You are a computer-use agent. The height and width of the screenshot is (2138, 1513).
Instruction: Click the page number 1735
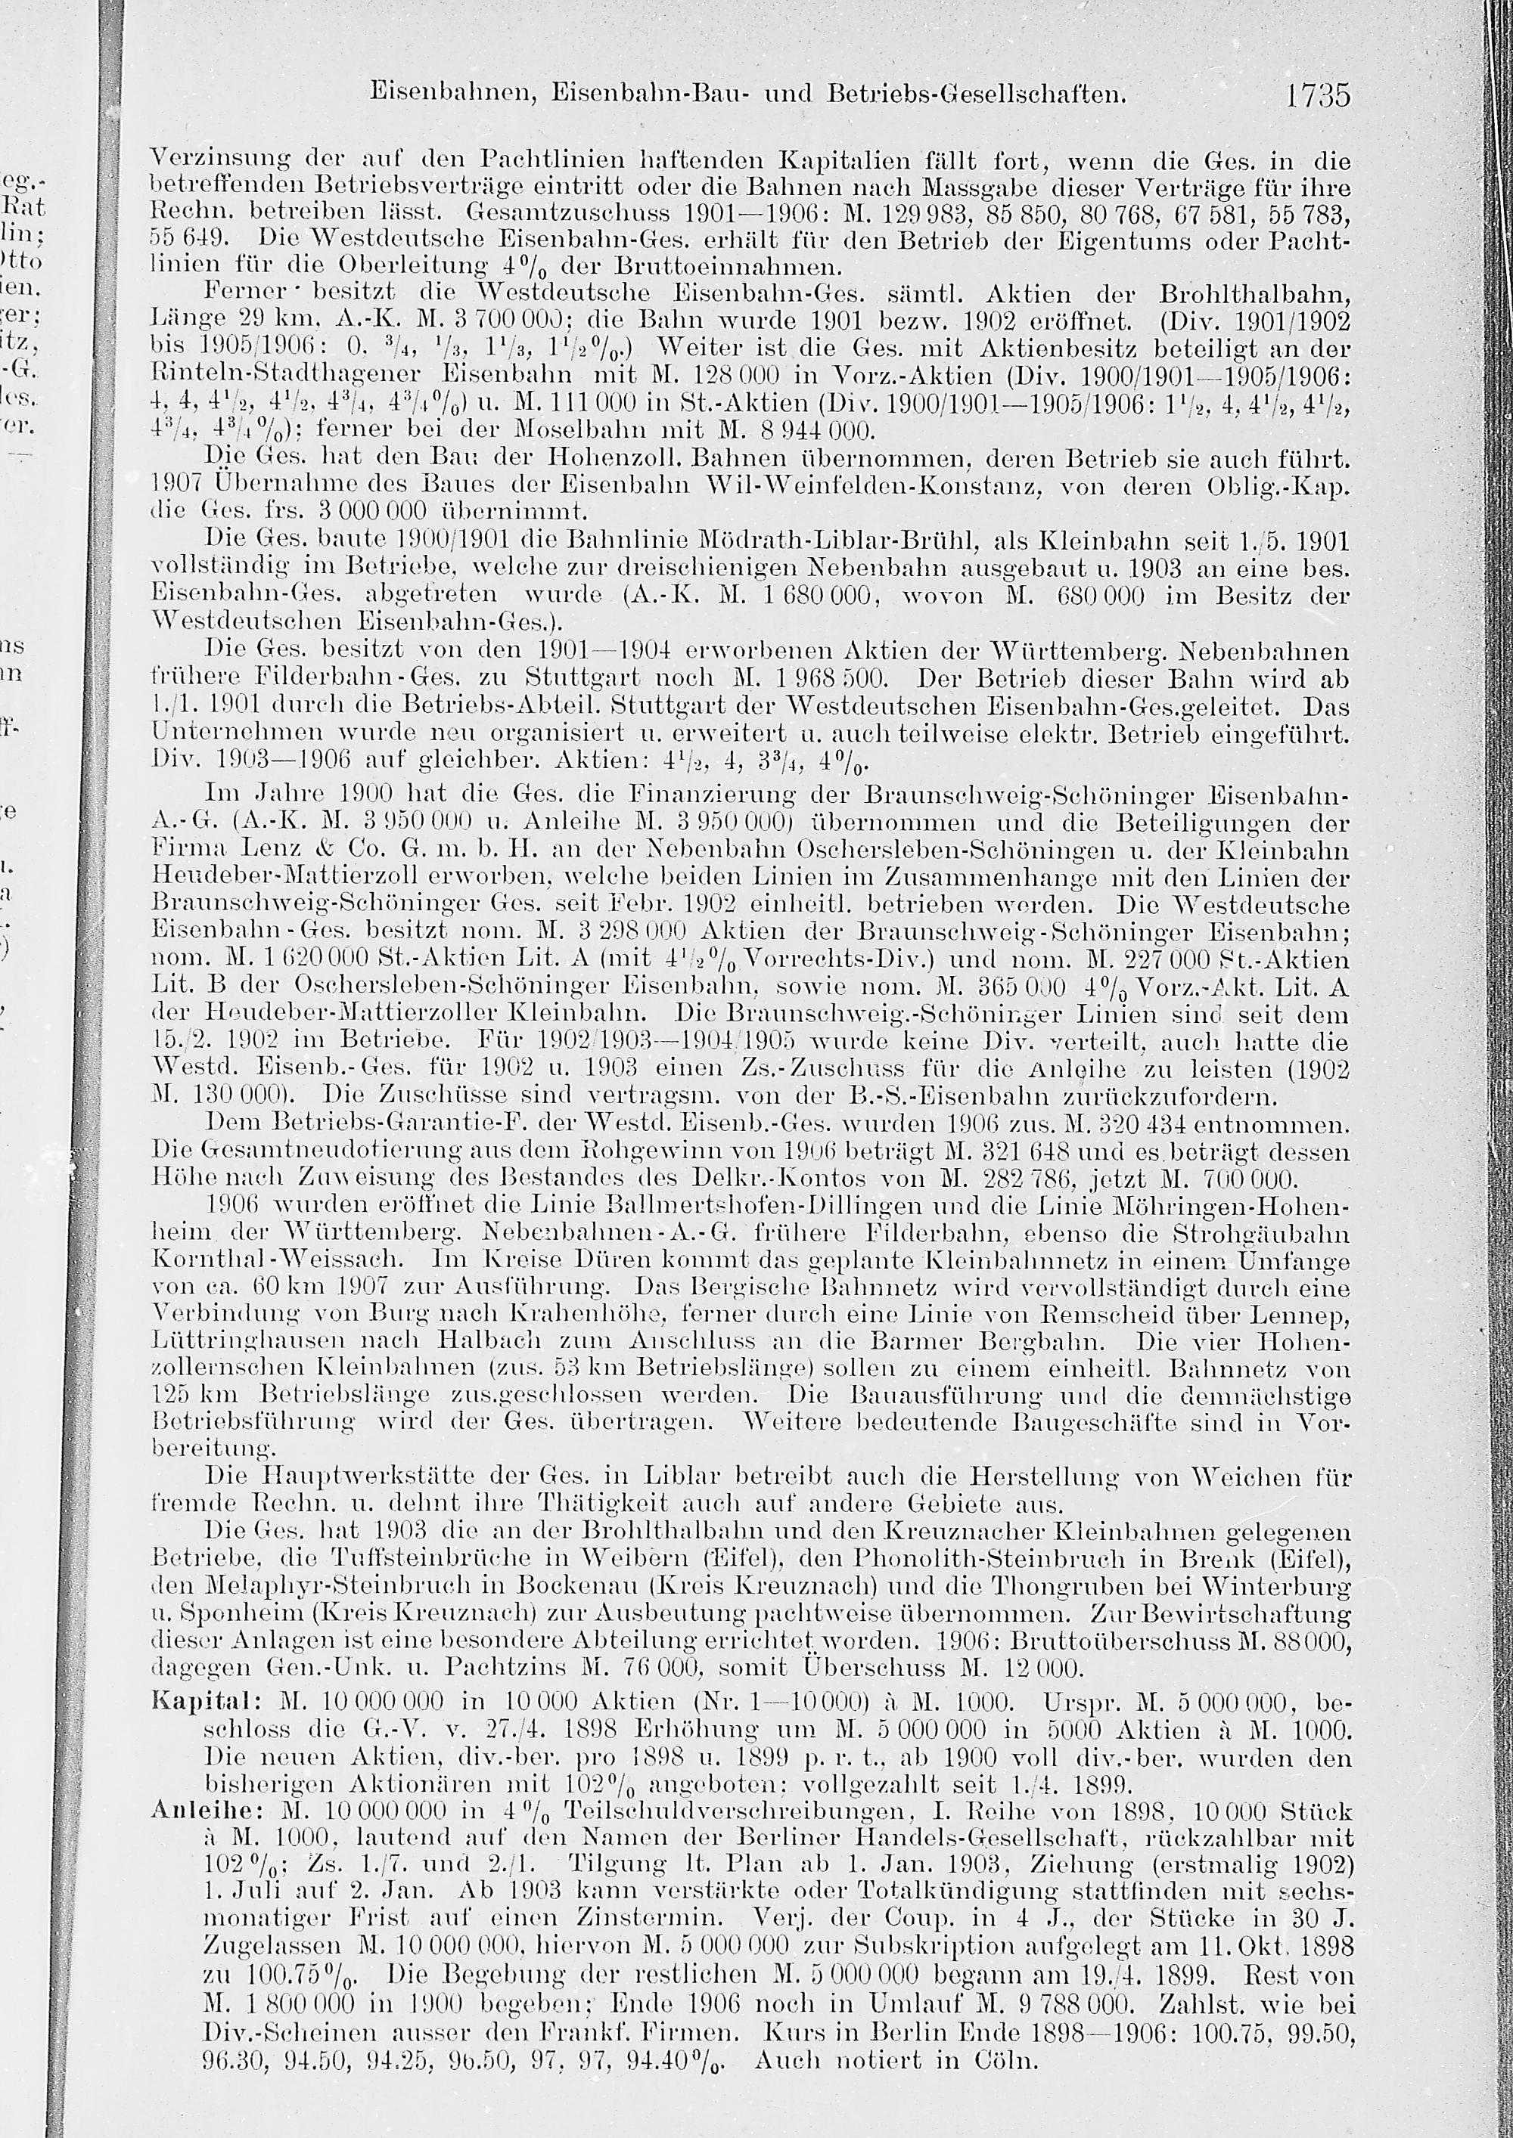(x=1316, y=96)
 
